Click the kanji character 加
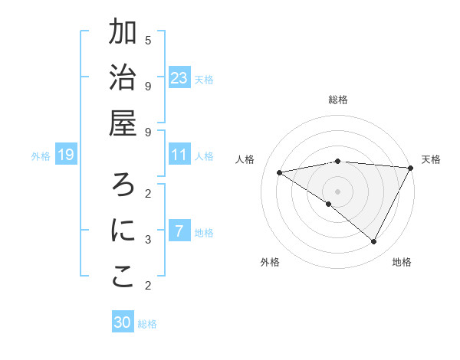(x=123, y=33)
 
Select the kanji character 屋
(x=123, y=124)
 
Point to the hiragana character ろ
(x=123, y=185)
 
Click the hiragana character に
(x=123, y=231)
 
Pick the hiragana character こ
(x=123, y=277)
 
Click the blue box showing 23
(x=179, y=78)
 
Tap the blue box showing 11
(x=179, y=155)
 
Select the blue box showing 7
(x=179, y=231)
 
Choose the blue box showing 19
(x=65, y=155)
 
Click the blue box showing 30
(x=123, y=322)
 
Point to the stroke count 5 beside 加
(x=148, y=40)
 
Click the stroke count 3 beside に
(x=148, y=239)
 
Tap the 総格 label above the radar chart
(x=338, y=100)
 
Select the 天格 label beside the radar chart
(x=431, y=159)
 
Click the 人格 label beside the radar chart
(x=246, y=159)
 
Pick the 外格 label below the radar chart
(x=269, y=263)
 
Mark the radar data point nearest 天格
(x=411, y=168)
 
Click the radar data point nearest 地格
(x=374, y=242)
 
